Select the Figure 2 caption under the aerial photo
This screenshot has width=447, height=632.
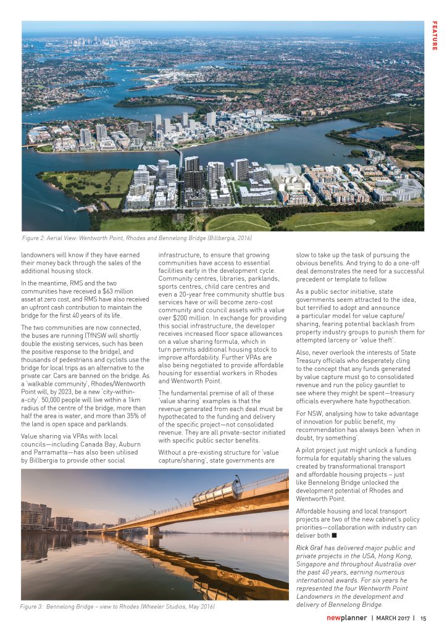(x=137, y=238)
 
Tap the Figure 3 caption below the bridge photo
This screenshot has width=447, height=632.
(x=117, y=607)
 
